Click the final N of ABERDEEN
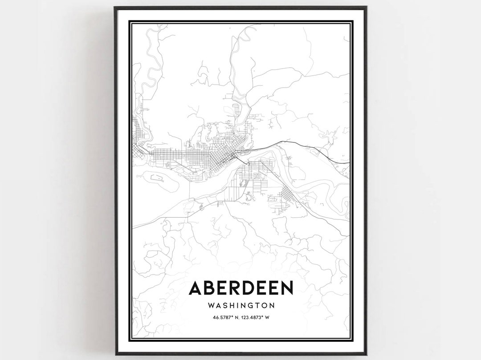(x=286, y=288)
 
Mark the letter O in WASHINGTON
(x=263, y=306)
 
